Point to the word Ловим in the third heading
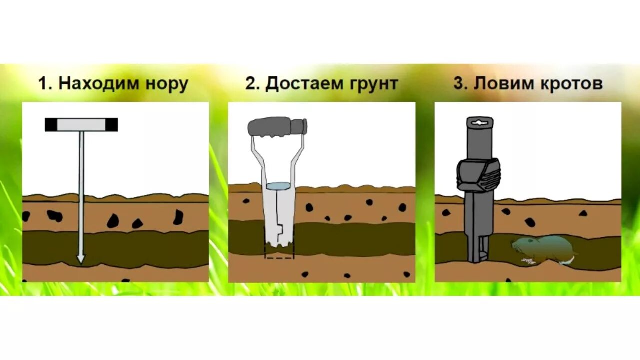502,84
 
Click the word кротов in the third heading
571,84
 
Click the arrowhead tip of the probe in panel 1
81,259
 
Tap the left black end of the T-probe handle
51,124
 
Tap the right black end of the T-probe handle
111,124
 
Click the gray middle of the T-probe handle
81,124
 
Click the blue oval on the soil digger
278,186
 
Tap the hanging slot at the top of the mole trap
479,121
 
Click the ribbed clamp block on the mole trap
478,175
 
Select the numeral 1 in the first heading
44,84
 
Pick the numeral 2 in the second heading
250,84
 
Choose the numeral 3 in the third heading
459,84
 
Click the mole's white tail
566,261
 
